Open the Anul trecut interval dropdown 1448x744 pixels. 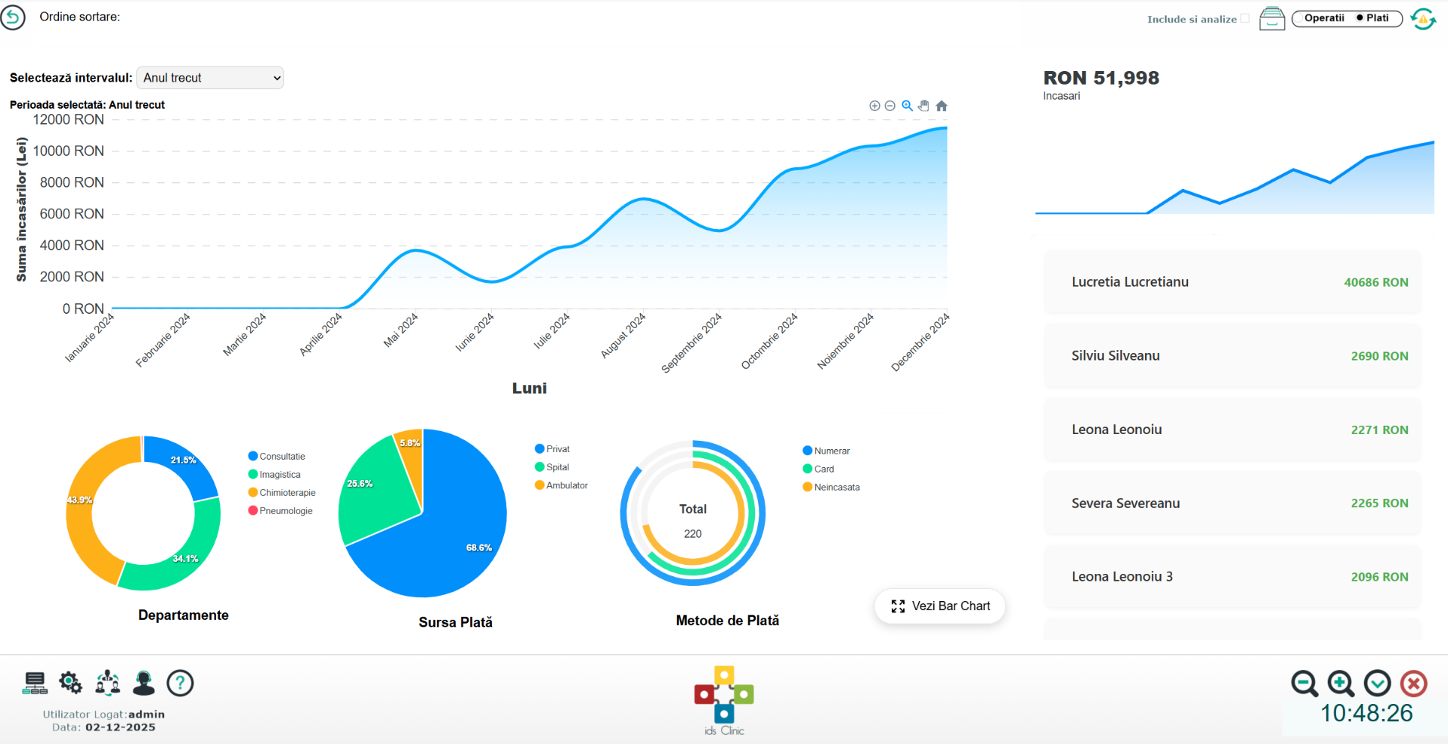209,78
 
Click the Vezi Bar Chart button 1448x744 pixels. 940,606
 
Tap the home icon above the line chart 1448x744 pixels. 942,106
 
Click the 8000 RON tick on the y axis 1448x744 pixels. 72,182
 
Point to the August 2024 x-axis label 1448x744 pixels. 623,335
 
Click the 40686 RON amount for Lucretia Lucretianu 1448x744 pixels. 1375,283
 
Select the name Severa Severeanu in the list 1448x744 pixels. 1125,504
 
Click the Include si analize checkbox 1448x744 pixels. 1245,19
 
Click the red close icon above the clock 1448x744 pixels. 1413,684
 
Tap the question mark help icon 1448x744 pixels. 180,684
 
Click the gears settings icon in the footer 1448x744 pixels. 71,684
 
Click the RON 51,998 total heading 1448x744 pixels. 1100,78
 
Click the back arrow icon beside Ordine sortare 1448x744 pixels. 13,17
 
